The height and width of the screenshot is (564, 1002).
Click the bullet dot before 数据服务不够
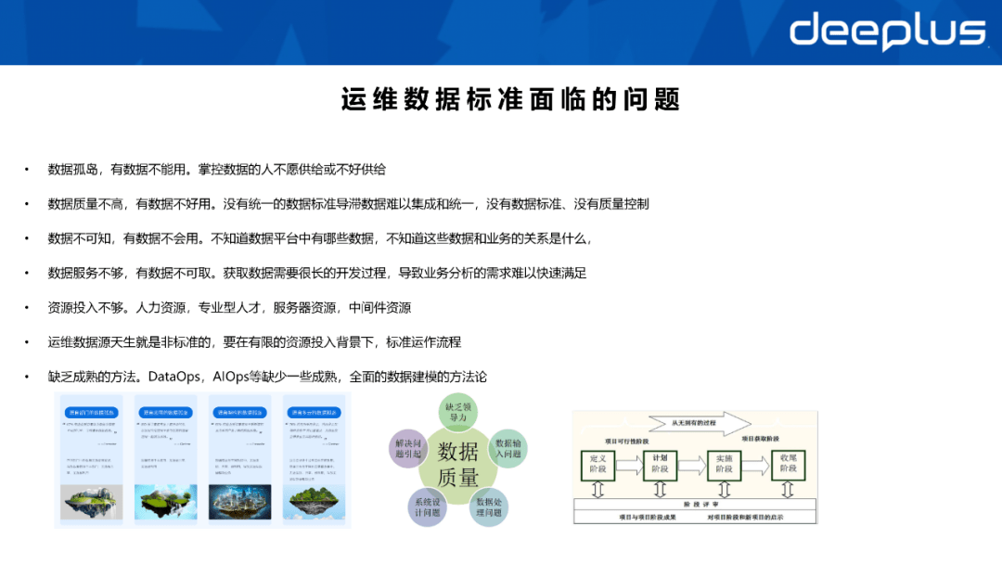point(28,273)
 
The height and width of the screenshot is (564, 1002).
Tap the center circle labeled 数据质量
point(458,464)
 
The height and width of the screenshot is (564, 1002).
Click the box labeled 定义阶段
point(598,464)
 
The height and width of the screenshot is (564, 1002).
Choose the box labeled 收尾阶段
point(788,464)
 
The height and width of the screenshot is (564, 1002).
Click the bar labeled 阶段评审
point(697,505)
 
